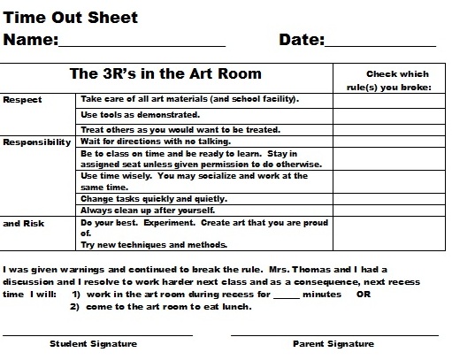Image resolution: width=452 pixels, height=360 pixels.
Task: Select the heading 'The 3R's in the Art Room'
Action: [165, 74]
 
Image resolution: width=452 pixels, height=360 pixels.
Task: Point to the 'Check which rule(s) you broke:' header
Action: [397, 80]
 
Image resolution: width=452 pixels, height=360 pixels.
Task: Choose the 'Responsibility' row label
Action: [37, 142]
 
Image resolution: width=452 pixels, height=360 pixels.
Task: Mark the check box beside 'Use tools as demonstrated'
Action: [391, 115]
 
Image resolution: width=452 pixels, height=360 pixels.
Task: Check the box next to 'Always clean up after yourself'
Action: [391, 210]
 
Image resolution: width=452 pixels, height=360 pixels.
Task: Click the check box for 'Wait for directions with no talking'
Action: [391, 142]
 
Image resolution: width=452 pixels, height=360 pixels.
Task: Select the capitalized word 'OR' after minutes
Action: [362, 294]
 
